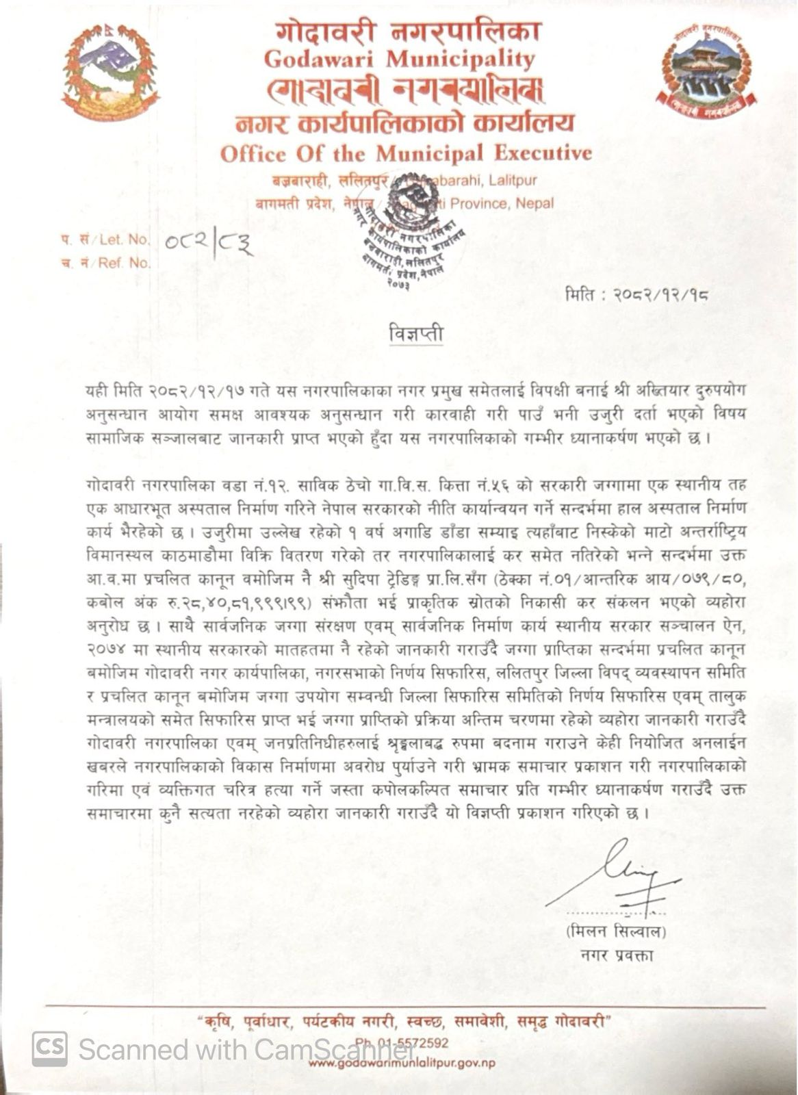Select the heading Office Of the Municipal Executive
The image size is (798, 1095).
tap(406, 153)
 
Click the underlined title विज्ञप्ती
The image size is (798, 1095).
tap(414, 335)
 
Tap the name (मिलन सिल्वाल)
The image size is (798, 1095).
tap(616, 932)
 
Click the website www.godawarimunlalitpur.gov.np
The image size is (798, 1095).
tap(402, 1063)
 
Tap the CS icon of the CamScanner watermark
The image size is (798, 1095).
tap(50, 1048)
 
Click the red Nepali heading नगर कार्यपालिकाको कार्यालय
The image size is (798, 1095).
tap(404, 123)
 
